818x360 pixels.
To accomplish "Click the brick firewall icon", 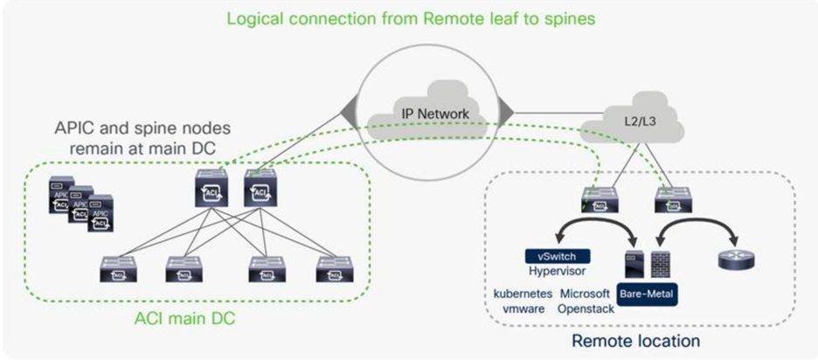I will pyautogui.click(x=661, y=261).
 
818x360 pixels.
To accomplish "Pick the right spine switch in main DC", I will pyautogui.click(x=260, y=186).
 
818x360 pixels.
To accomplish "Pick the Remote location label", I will pyautogui.click(x=634, y=339).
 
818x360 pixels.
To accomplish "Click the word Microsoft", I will pyautogui.click(x=586, y=294).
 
